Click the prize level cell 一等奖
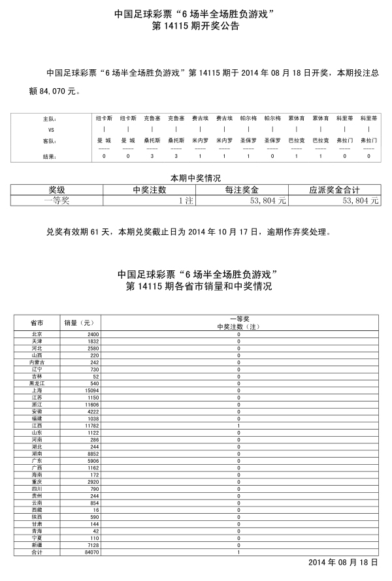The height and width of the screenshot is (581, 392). pyautogui.click(x=57, y=201)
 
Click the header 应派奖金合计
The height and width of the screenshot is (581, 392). pyautogui.click(x=335, y=189)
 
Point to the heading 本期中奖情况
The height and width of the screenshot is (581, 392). pyautogui.click(x=195, y=178)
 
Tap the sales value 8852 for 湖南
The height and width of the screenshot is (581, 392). pyautogui.click(x=91, y=454)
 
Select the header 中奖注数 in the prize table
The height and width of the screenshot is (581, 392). pyautogui.click(x=150, y=189)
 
